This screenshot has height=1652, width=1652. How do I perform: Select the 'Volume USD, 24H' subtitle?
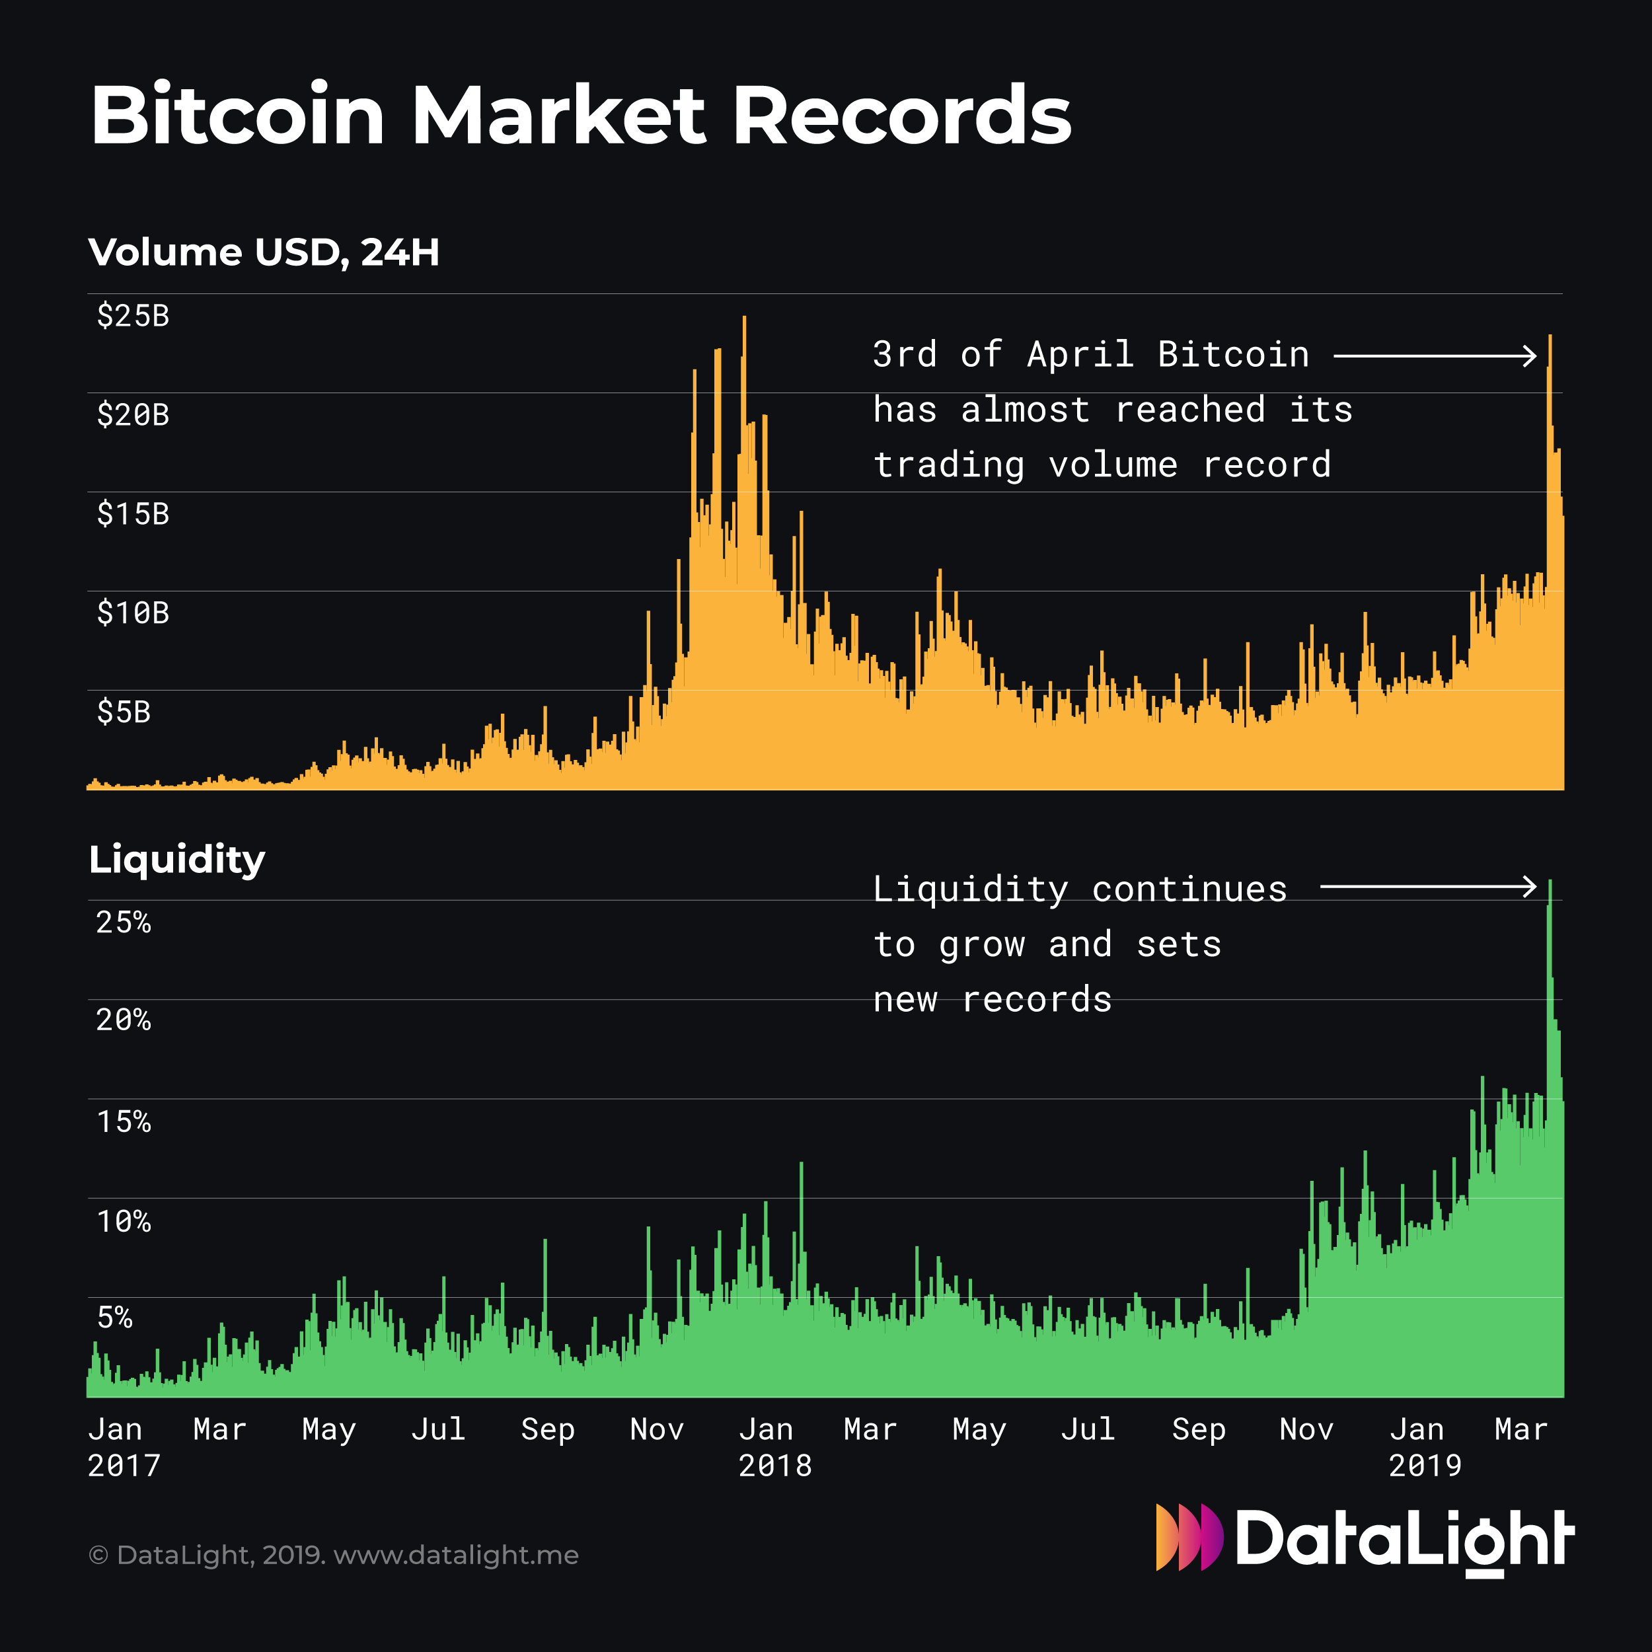264,252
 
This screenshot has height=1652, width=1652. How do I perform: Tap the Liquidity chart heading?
177,858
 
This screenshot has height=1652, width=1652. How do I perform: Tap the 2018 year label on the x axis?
774,1466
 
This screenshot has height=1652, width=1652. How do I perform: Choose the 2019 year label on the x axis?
1425,1466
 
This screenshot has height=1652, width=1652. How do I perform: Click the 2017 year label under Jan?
124,1466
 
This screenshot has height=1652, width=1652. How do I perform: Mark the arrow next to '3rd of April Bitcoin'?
1434,355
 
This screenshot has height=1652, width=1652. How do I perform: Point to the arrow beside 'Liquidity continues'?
1428,887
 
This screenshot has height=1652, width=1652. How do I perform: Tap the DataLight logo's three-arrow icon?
1189,1538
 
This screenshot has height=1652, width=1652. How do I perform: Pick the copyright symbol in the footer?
98,1556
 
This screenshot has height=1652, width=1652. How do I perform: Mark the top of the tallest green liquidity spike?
1550,882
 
